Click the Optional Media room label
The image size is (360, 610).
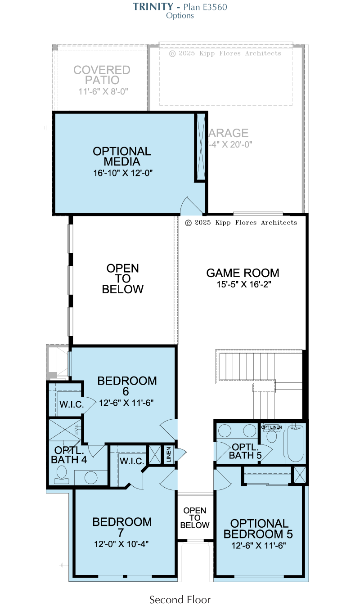tap(121, 156)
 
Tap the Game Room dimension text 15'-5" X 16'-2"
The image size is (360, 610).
tap(244, 284)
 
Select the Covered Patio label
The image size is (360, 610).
tap(102, 75)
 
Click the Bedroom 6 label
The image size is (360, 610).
tap(127, 386)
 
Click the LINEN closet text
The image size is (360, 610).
tap(169, 454)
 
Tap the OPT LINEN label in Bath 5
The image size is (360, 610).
tap(271, 427)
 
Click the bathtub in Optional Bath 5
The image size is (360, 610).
tap(295, 444)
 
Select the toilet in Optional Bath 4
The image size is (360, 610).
tap(62, 474)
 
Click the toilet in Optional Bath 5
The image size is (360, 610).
tap(271, 436)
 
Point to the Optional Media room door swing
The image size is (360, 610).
tap(191, 205)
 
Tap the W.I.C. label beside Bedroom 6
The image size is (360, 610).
tap(72, 404)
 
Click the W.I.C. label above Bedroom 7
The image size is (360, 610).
tap(132, 461)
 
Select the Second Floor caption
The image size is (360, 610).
tap(180, 600)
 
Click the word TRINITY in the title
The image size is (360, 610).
tap(153, 7)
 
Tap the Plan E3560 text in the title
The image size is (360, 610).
tap(205, 7)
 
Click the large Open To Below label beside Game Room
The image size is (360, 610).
tap(122, 278)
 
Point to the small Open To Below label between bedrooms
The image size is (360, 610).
tap(195, 518)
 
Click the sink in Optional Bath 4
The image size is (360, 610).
tap(91, 477)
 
